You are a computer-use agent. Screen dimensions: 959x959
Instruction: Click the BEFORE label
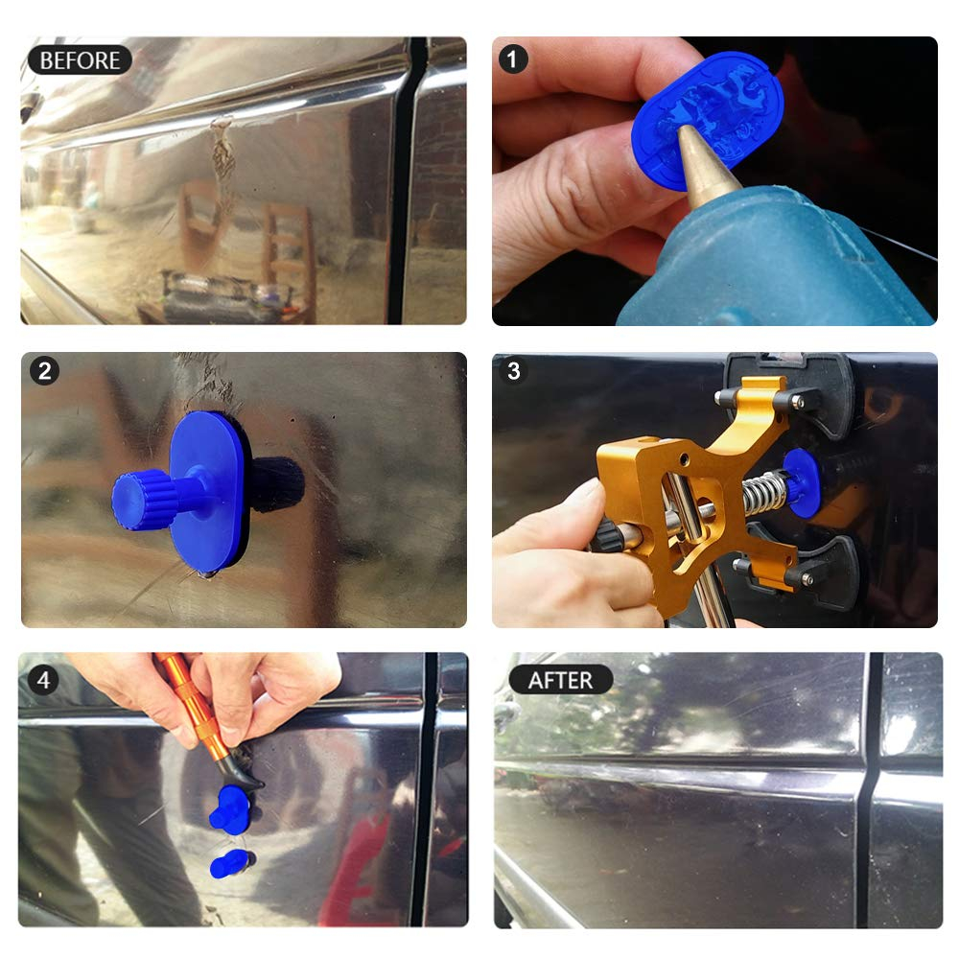[x=80, y=59]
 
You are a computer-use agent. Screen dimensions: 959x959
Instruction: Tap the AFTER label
[x=560, y=680]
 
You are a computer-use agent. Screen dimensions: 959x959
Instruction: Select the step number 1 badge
[x=512, y=59]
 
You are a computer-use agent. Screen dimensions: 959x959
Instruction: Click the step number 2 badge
[x=45, y=370]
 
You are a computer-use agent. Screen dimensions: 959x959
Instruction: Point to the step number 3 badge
[x=514, y=370]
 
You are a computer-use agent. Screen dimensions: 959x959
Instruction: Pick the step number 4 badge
[x=43, y=680]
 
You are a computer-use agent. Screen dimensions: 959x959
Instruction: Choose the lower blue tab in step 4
[x=230, y=864]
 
